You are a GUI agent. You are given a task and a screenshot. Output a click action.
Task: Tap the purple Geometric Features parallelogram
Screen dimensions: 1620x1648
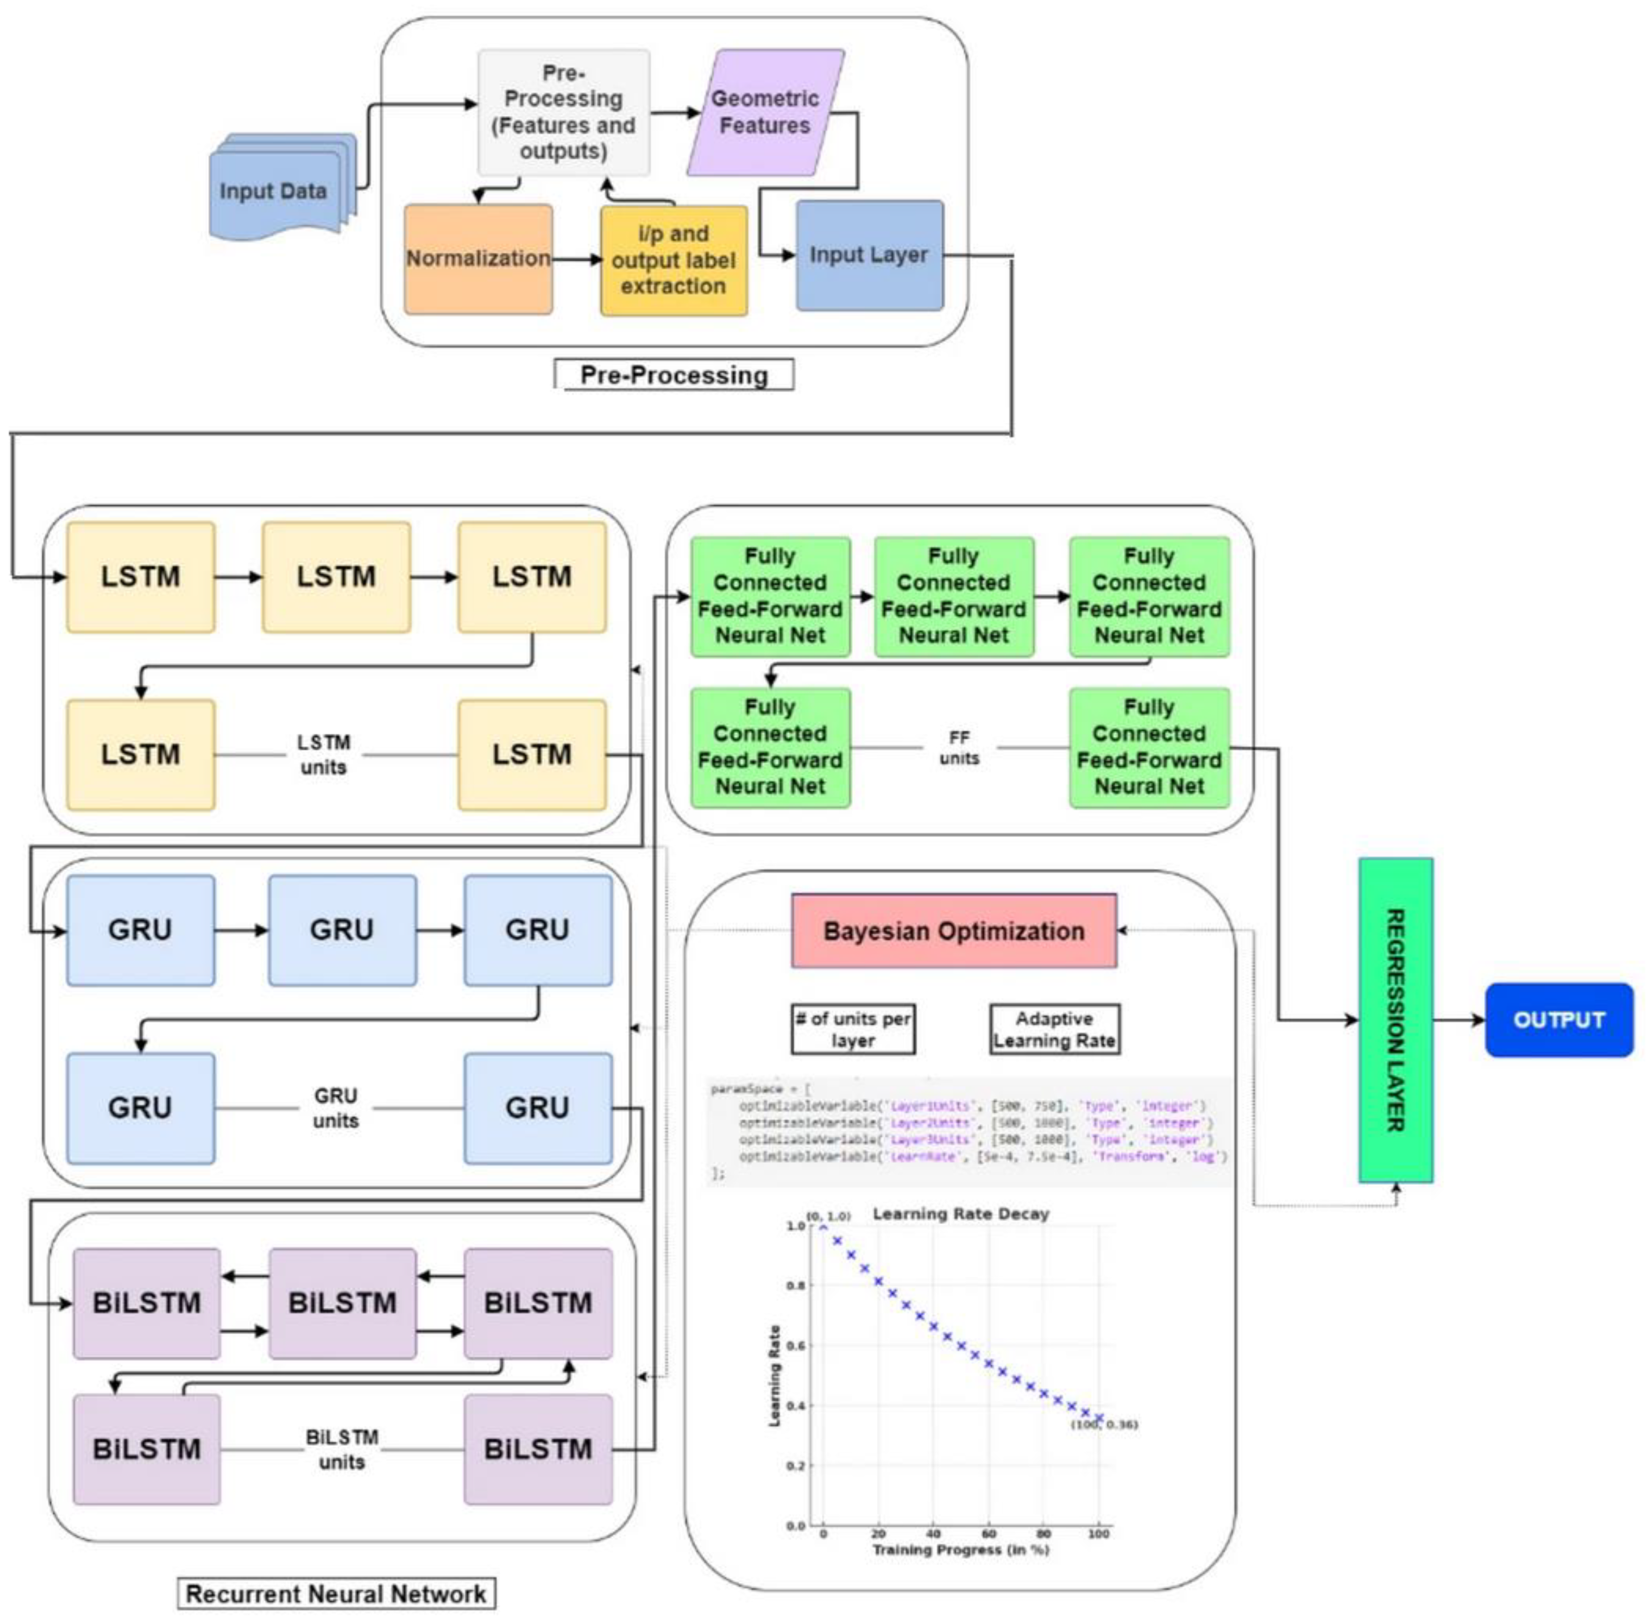tap(765, 112)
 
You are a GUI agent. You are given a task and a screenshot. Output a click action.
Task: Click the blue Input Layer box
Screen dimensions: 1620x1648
tap(868, 255)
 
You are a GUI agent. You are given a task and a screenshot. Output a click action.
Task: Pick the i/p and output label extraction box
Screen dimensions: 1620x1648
tap(673, 260)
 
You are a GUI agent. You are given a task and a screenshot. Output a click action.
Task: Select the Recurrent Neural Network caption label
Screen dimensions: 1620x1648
tap(336, 1594)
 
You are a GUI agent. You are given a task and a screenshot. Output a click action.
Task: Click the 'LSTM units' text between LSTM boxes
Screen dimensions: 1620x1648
tap(323, 755)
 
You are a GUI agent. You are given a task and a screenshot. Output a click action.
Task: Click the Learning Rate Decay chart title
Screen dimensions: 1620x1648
tap(961, 1214)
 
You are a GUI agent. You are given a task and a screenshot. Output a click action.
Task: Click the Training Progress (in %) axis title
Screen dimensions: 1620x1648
tap(960, 1550)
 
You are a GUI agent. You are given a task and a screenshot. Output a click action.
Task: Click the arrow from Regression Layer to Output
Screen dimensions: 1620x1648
tap(1458, 1020)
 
